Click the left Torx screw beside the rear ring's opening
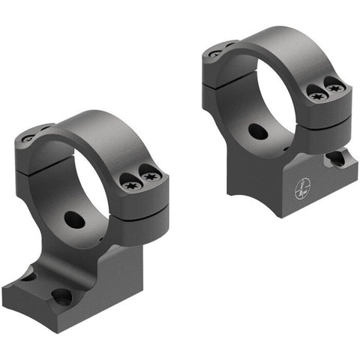point(316,94)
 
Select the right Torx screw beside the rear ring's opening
point(335,88)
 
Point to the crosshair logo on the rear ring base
point(300,189)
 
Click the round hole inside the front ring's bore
point(74,220)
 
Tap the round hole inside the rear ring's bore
point(257,131)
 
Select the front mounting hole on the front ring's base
point(61,296)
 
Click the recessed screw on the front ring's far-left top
point(28,139)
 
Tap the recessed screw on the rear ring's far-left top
point(215,53)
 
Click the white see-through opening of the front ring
point(94,187)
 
